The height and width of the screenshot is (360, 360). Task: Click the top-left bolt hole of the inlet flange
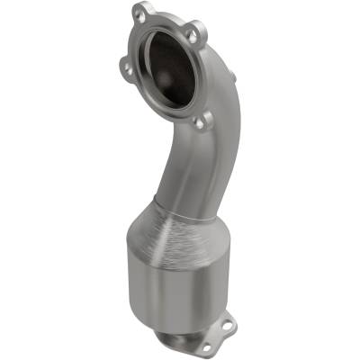(139, 15)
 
